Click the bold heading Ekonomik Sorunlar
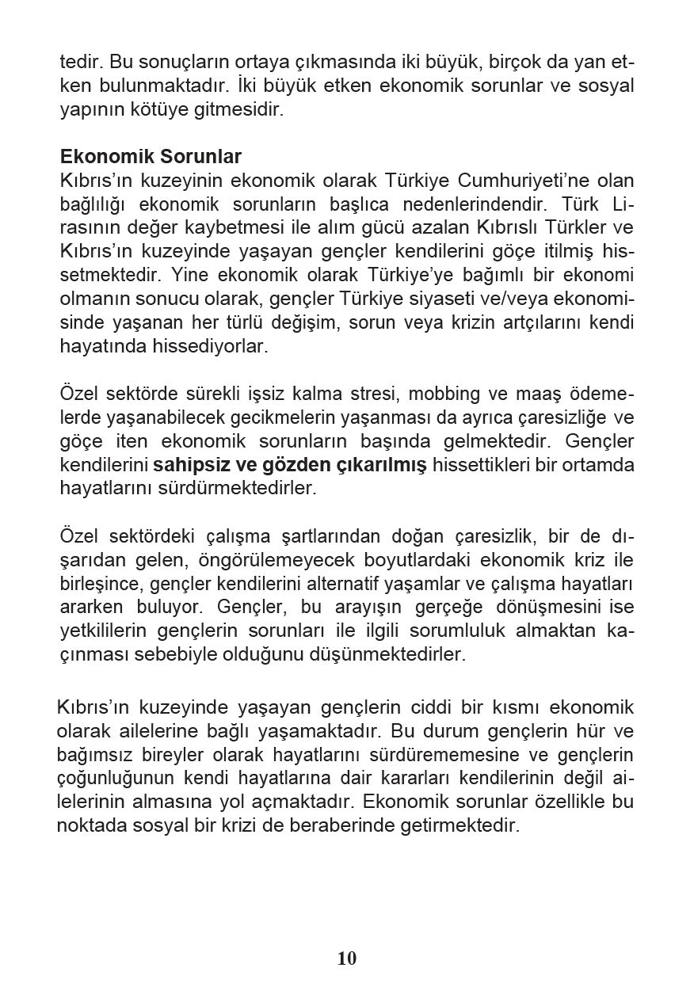click(x=151, y=156)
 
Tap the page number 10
click(x=347, y=958)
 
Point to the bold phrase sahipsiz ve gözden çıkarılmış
click(x=290, y=465)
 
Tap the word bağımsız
click(x=97, y=754)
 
